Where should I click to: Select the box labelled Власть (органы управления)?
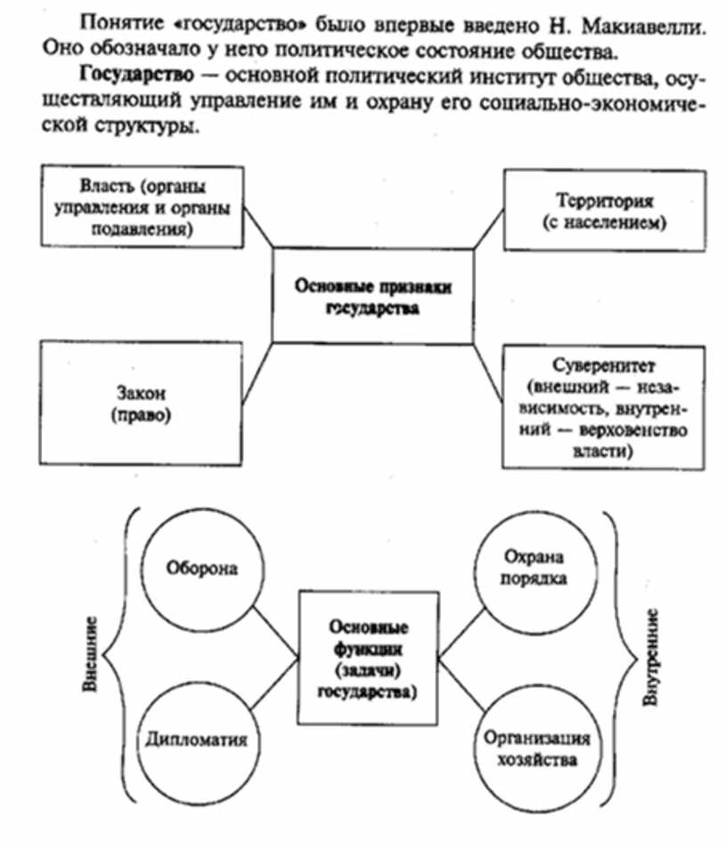click(143, 204)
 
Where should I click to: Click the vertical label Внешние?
click(90, 655)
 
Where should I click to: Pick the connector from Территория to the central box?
click(488, 231)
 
